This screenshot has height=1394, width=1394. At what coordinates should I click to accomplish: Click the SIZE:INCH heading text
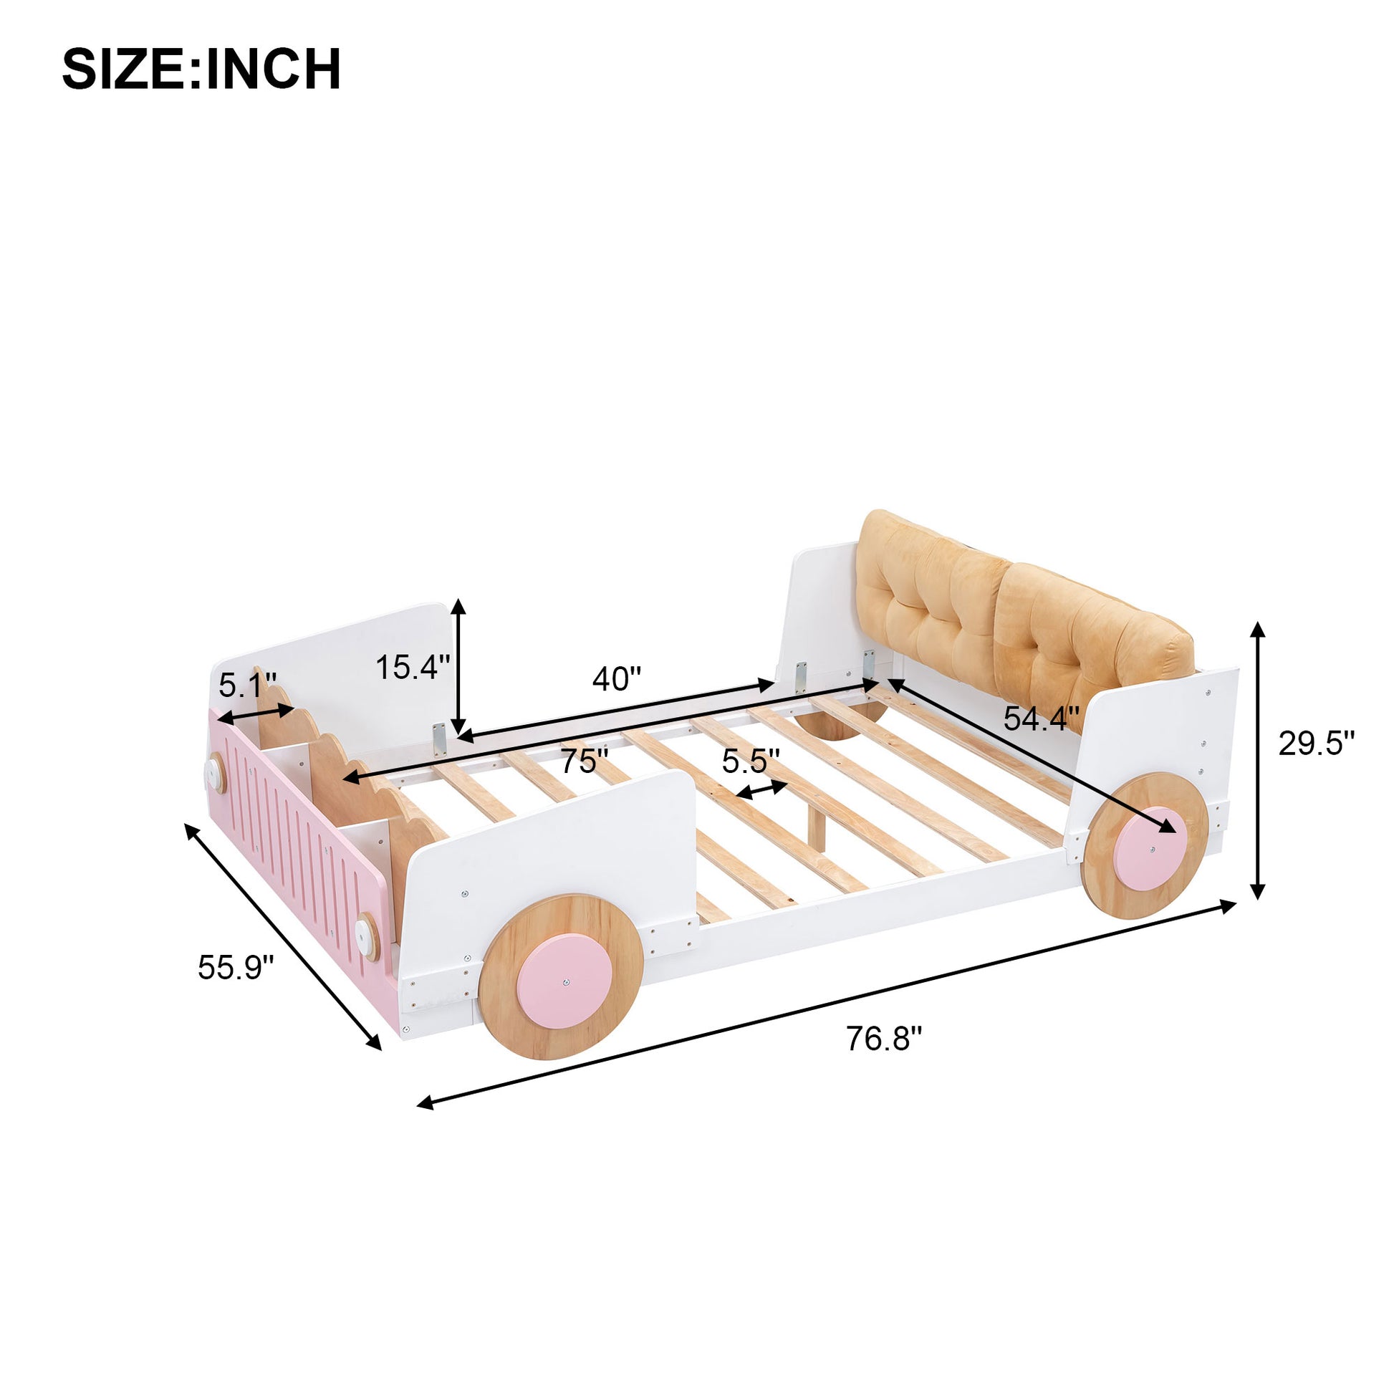201,70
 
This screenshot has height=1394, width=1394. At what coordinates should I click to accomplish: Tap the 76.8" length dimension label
883,1039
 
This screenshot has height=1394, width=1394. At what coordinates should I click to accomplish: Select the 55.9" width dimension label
236,968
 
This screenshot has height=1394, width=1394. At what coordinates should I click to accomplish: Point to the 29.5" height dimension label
1317,744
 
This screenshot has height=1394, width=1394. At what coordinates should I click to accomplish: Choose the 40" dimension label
616,679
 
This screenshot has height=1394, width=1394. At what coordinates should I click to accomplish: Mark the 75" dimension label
585,761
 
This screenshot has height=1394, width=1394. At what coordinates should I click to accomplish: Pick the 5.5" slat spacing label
751,761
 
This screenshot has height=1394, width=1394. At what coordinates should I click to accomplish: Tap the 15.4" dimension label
413,667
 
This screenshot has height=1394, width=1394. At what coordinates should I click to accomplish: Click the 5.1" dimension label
247,685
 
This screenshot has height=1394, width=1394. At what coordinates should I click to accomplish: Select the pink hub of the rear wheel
1150,839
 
